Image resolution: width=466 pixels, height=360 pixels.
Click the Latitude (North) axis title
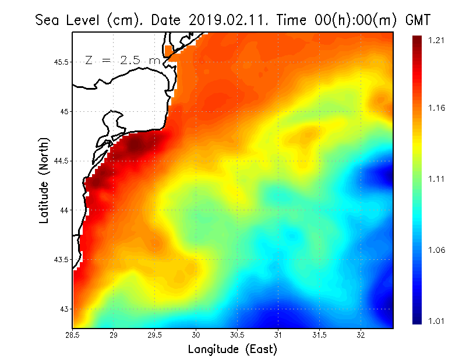pos(44,180)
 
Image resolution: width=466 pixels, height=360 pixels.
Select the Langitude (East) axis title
pos(232,350)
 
